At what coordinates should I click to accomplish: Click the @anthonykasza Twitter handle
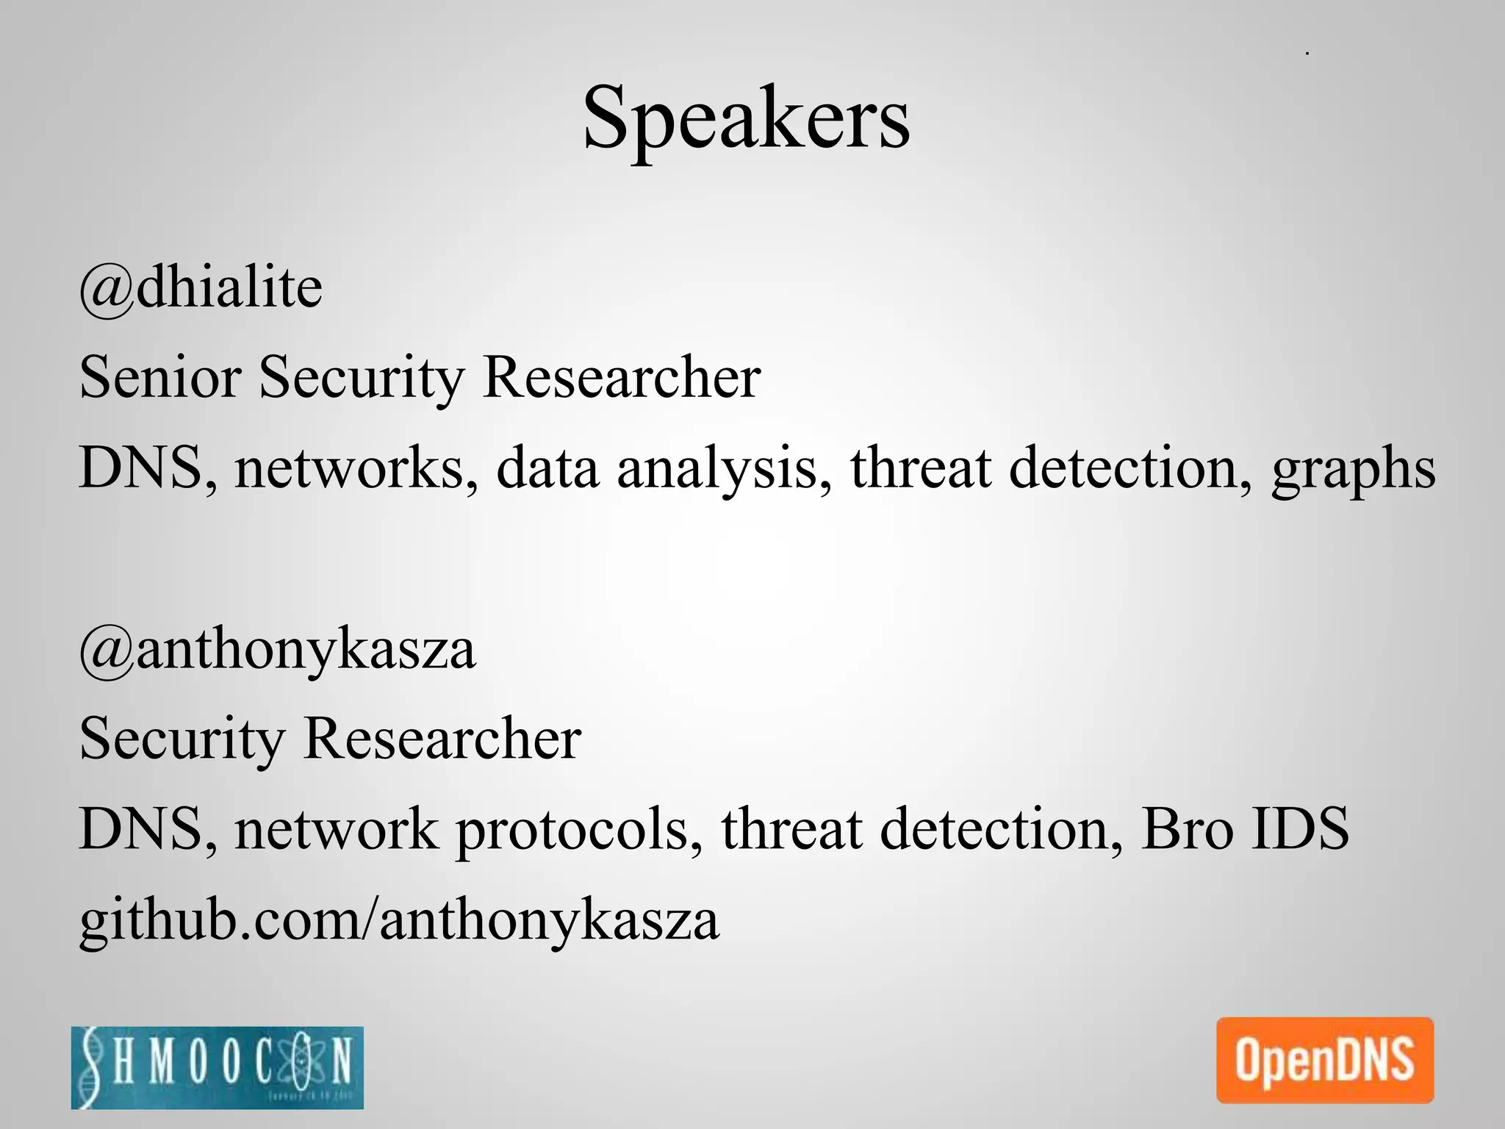point(278,650)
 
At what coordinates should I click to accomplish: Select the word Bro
point(1186,828)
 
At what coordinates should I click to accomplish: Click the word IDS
point(1299,828)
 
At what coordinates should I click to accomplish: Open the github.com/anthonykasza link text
point(399,920)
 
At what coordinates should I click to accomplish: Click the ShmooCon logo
point(218,1067)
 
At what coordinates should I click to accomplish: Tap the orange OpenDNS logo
point(1325,1060)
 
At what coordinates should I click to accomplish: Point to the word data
point(547,467)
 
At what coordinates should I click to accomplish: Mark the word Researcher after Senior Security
point(622,377)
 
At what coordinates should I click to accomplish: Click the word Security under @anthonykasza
point(182,739)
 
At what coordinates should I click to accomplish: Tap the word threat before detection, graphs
point(921,467)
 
